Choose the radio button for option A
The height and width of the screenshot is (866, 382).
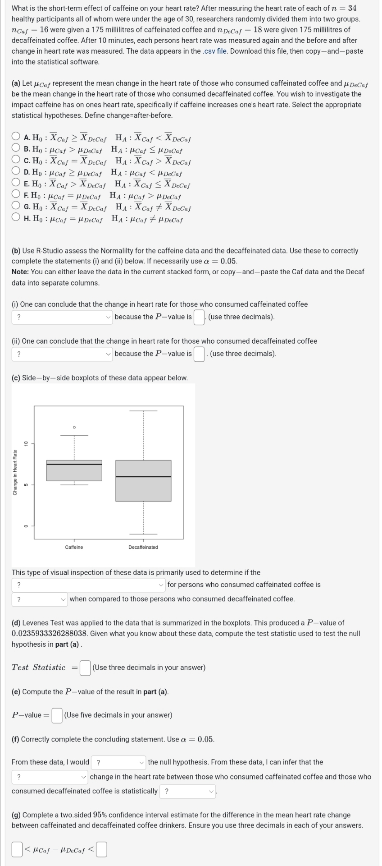16,135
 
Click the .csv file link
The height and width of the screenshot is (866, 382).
214,51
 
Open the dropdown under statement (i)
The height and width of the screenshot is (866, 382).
62,317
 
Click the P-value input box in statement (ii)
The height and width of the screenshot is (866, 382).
199,354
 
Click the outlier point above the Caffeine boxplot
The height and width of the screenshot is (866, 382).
74,427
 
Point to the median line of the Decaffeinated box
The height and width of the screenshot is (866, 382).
143,476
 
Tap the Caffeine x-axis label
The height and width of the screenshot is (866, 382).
74,547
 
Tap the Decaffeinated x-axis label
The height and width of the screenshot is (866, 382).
143,547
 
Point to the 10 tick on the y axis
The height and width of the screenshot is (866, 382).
26,443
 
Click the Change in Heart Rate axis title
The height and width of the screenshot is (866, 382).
15,472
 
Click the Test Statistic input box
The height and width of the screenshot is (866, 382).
85,668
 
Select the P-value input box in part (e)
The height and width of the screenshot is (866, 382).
57,715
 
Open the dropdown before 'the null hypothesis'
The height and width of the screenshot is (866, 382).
119,763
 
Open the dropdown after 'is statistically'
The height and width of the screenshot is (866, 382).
188,791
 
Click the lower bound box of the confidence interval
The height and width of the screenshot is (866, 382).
17,849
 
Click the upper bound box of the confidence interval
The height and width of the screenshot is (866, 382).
101,849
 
